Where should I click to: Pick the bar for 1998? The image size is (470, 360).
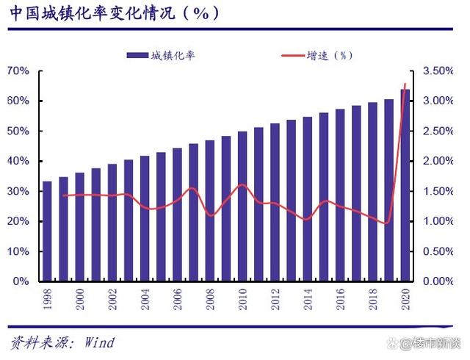pos(47,231)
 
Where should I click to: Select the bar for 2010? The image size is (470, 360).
pos(242,206)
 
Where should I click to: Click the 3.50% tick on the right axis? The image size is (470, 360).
pos(440,71)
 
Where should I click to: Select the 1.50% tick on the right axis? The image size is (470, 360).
pos(440,191)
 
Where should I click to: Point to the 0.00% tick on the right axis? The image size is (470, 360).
pos(440,281)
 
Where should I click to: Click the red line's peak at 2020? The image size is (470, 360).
pos(405,84)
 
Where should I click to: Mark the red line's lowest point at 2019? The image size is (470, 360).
pos(388,223)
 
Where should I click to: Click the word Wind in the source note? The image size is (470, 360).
pos(99,342)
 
